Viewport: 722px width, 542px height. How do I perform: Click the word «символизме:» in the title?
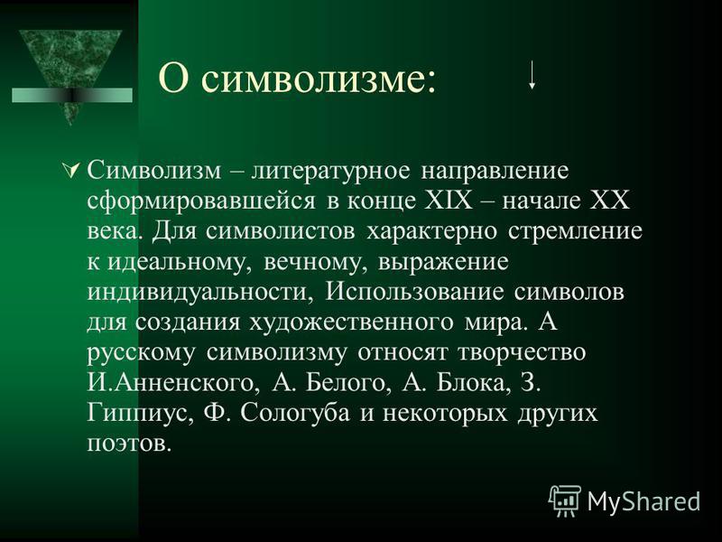319,79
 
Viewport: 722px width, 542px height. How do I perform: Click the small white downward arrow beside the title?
532,75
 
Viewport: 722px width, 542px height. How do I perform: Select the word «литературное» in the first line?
329,172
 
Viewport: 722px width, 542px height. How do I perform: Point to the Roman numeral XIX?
448,201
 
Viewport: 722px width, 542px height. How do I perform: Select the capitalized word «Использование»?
414,292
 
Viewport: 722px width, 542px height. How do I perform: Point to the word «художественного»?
352,323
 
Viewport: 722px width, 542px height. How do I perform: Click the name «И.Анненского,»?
171,383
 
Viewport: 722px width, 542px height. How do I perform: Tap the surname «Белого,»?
346,383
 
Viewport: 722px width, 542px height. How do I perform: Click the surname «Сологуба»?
295,414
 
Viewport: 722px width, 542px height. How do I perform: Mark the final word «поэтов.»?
129,444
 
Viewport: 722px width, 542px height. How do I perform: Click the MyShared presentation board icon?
565,500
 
